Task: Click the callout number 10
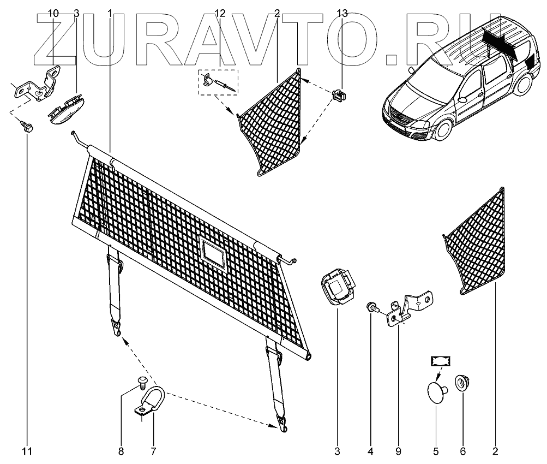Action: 53,14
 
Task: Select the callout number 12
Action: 220,14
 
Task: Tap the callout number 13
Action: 342,14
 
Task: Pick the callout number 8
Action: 121,451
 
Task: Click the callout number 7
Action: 153,451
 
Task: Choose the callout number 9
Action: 398,451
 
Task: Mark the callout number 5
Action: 436,451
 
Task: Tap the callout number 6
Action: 463,451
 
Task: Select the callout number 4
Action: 370,451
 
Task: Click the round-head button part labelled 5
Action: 436,392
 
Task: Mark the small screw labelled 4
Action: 372,307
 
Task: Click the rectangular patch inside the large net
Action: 213,252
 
